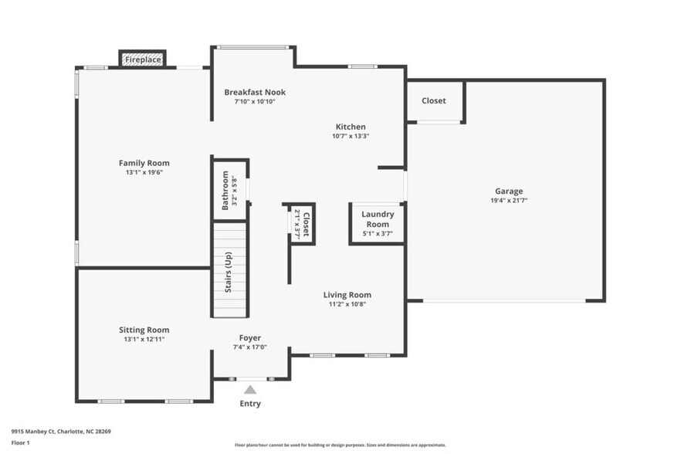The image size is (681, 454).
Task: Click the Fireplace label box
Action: coord(143,59)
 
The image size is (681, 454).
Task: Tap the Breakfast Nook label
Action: coord(255,92)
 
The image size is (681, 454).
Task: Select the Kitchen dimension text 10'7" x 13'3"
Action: coord(351,137)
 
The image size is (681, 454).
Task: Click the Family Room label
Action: coord(144,163)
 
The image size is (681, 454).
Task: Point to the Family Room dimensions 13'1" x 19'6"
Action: coord(144,172)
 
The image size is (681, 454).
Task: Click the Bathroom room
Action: coord(230,190)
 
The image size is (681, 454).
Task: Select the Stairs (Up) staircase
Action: coord(230,270)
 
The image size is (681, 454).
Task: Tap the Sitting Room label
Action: coord(144,330)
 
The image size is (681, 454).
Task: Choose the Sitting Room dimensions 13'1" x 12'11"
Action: coord(144,339)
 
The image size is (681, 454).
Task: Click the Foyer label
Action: coord(249,337)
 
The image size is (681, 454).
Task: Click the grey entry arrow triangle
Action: coord(249,390)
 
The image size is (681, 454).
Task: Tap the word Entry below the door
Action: coord(249,404)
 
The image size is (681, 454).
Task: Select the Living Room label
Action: coord(347,294)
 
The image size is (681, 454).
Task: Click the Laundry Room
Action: coord(378,223)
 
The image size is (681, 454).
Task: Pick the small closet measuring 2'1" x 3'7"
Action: coord(301,224)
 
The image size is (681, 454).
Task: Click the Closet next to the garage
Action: coord(433,101)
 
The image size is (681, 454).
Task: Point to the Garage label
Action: coord(509,191)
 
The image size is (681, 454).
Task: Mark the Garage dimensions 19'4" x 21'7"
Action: coord(509,200)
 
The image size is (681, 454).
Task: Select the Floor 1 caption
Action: coord(20,443)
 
